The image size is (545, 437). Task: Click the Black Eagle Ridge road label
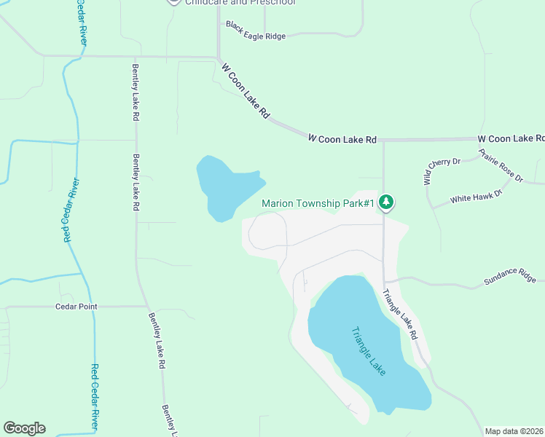(x=256, y=31)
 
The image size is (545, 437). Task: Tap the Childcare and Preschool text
(x=240, y=3)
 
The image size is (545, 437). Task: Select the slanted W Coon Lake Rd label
(x=246, y=91)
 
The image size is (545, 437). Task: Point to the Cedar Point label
(x=77, y=307)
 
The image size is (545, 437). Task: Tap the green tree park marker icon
(x=386, y=202)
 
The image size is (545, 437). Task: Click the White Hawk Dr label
(x=477, y=196)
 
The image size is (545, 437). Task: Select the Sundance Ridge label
(x=510, y=275)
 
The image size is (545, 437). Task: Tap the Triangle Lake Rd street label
(x=400, y=314)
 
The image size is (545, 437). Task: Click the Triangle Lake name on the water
(x=368, y=351)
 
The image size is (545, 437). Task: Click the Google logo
(x=24, y=428)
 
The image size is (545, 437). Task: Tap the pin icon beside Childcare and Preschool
(x=173, y=1)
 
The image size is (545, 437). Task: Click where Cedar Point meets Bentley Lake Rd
(x=146, y=307)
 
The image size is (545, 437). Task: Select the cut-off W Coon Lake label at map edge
(x=511, y=138)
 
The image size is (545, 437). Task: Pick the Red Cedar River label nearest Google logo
(x=95, y=397)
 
